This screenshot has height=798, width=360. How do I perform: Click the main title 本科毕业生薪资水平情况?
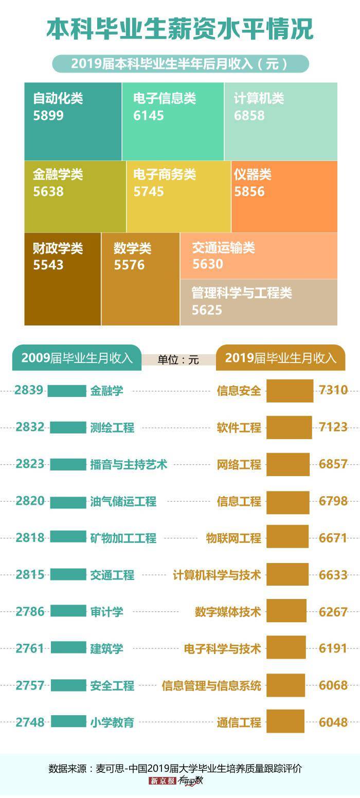click(180, 29)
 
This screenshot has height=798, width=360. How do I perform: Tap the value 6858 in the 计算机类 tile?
click(249, 116)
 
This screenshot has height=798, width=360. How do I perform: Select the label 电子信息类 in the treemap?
click(165, 98)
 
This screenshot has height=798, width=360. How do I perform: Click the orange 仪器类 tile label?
click(252, 175)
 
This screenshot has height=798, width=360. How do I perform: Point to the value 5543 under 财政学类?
click(48, 265)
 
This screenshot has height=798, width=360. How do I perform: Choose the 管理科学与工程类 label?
click(242, 293)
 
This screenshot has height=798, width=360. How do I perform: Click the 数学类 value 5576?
click(130, 265)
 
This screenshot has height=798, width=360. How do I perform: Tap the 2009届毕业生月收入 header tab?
click(77, 358)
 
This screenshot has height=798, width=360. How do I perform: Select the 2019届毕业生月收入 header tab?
click(281, 358)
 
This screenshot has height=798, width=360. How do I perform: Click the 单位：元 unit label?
click(178, 360)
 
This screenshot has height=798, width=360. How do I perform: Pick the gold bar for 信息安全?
click(290, 391)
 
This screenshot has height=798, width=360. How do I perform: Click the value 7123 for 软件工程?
click(333, 427)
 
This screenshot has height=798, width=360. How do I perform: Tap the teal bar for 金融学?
click(67, 391)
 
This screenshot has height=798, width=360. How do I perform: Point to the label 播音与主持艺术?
click(129, 464)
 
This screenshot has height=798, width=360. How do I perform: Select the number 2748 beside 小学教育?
click(30, 722)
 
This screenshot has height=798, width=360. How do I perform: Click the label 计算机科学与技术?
click(217, 575)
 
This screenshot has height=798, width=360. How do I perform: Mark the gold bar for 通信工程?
click(285, 722)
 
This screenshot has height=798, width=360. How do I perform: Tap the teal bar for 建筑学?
click(69, 648)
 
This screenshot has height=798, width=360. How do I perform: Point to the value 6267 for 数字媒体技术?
click(333, 612)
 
